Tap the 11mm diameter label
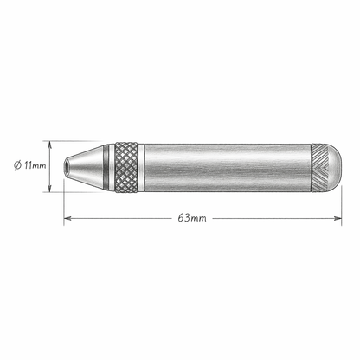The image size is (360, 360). (32, 164)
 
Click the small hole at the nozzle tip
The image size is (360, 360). (67, 164)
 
